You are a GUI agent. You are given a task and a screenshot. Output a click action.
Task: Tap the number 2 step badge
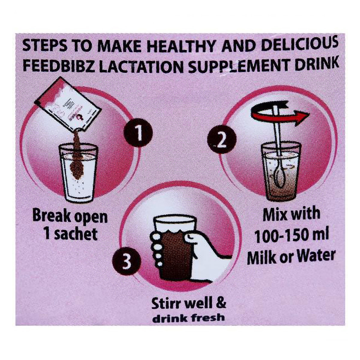tap(222, 140)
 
